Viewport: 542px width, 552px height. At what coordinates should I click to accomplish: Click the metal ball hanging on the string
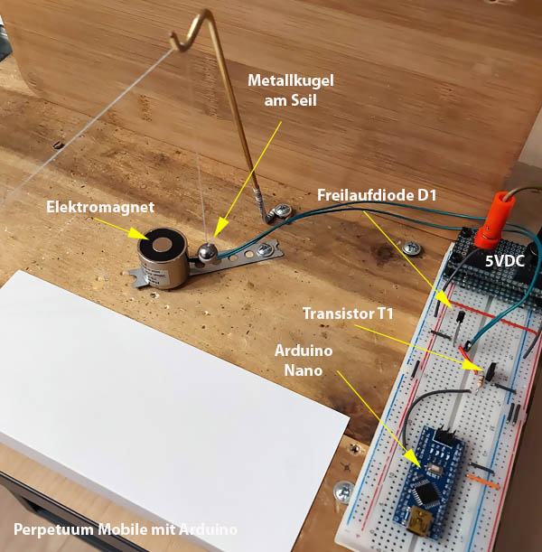point(206,252)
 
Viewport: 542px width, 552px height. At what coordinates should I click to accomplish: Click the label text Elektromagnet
point(100,207)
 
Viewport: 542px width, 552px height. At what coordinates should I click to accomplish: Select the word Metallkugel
point(291,81)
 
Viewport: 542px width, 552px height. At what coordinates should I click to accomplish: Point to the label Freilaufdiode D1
point(377,195)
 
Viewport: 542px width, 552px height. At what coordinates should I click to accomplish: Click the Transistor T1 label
point(348,313)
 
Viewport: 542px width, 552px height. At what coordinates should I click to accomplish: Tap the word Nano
point(304,370)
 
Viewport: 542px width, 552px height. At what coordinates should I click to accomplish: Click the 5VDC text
point(505,261)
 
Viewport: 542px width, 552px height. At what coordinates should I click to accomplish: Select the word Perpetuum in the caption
point(54,529)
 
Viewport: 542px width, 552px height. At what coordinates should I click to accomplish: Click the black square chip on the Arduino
point(426,493)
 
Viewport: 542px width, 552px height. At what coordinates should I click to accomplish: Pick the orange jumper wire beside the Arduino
point(482,482)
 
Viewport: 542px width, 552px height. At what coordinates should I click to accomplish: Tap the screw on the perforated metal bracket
point(265,249)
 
